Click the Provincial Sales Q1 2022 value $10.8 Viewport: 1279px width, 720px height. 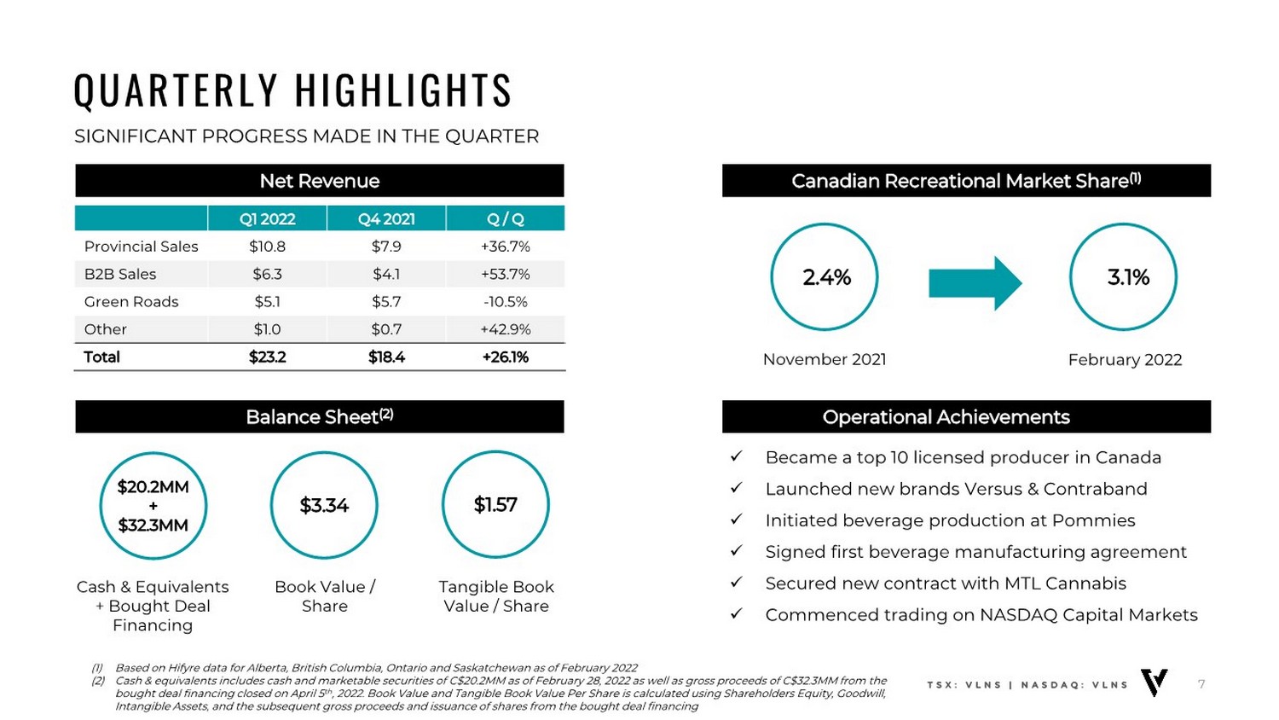267,247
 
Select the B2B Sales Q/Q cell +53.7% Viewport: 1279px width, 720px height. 505,274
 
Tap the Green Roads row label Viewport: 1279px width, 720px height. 131,302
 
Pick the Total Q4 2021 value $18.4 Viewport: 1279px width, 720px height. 386,357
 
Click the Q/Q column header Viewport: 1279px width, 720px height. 505,219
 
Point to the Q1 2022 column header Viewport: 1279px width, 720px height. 267,219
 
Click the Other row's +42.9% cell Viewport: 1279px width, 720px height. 505,329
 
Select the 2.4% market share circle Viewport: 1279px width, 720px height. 825,277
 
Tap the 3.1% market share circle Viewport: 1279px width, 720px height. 1124,277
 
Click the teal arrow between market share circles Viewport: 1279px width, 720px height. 975,282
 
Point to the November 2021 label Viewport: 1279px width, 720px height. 825,359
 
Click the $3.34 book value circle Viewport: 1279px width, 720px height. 324,505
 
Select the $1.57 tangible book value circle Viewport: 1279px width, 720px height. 495,505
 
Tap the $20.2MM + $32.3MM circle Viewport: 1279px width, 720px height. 153,506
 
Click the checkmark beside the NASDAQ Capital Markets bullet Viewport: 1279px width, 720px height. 737,614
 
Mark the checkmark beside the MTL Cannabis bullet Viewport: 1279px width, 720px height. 737,583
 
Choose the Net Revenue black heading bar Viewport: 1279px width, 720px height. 320,181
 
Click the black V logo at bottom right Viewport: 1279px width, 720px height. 1155,682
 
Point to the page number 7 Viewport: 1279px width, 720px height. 1201,684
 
